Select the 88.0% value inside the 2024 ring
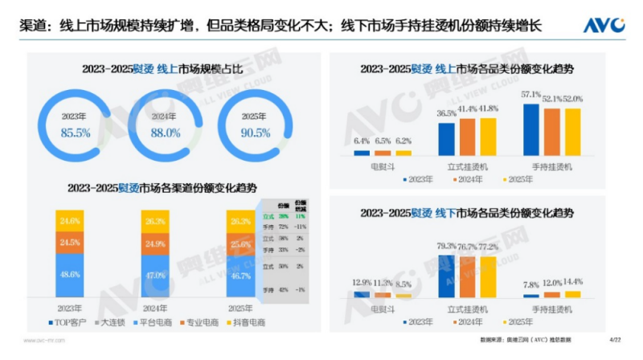pos(164,131)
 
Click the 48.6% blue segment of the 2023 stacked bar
pos(69,274)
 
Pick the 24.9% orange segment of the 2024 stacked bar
pos(157,243)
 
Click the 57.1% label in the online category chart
pos(530,96)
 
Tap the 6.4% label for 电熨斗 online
pos(362,141)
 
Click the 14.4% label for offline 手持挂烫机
pos(572,282)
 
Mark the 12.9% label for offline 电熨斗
pos(362,282)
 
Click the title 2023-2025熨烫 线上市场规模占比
pos(162,69)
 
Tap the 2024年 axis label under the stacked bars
pos(157,307)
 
